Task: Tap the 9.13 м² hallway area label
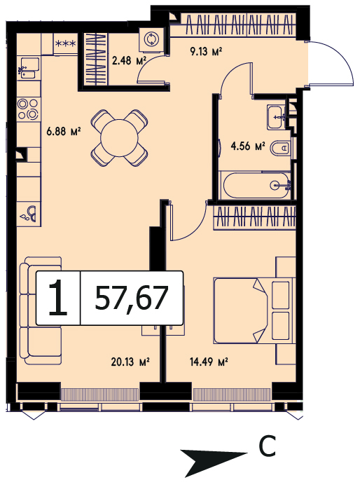pos(207,51)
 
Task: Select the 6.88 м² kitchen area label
pos(64,131)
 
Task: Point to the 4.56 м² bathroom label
pos(248,146)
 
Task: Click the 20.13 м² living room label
pos(130,362)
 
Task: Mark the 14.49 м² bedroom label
pos(209,362)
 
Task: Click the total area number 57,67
pos(132,298)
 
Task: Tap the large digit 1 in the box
pos(58,298)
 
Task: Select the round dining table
pos(119,138)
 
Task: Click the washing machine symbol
pos(151,39)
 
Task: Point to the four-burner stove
pos(28,109)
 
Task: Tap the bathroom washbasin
pos(276,117)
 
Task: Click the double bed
pos(254,310)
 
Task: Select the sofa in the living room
pos(41,310)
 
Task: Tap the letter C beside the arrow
pos(267,446)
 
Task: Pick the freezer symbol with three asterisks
pos(66,43)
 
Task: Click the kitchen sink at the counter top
pos(29,68)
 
